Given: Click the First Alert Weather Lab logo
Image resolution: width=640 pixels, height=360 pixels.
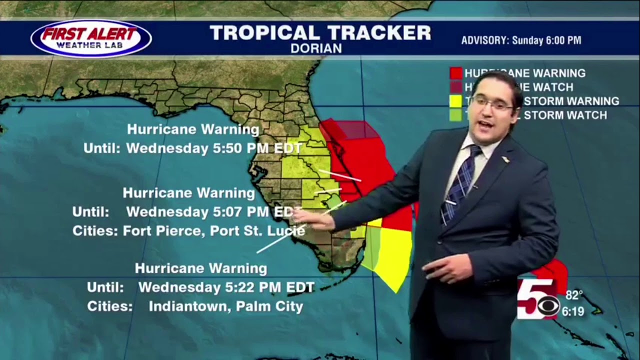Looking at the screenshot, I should [x=90, y=38].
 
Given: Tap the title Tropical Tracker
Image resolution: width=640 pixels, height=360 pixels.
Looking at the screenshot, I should [x=320, y=33].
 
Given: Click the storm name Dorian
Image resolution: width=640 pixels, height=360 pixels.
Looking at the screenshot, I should [x=316, y=48].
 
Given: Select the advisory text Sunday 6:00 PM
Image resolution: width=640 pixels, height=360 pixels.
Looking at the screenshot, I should [x=547, y=40].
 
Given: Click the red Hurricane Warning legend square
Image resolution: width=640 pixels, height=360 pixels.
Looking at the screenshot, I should [x=455, y=73].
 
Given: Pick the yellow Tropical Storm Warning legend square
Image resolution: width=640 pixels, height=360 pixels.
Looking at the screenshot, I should [x=455, y=101].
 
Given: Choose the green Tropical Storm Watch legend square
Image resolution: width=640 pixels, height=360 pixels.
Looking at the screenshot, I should [x=455, y=115].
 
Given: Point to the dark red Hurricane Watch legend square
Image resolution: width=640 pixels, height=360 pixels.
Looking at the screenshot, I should [x=455, y=87].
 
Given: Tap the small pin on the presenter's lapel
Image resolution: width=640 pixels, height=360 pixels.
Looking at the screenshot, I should [x=505, y=159].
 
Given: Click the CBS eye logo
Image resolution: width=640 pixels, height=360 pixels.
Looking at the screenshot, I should [x=549, y=304].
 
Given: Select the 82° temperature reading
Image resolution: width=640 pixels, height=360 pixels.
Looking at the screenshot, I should [x=574, y=295].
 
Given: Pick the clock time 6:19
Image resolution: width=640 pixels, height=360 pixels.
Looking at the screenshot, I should [x=573, y=312].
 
